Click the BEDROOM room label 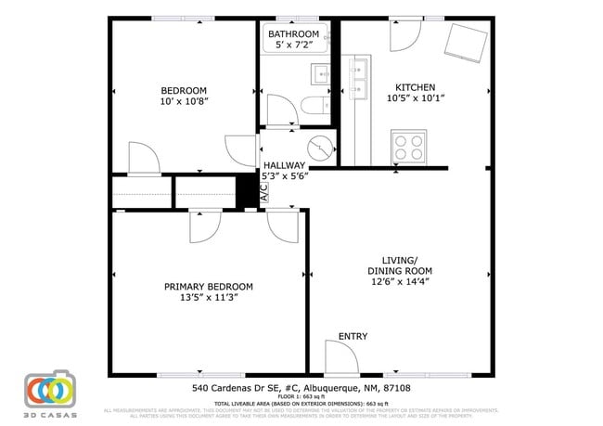tap(183, 91)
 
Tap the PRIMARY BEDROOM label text tap(209, 287)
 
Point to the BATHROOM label tap(293, 34)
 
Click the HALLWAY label tap(284, 164)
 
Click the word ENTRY tap(353, 336)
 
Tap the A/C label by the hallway tap(264, 193)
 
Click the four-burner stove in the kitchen tap(409, 146)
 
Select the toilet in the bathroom tap(313, 103)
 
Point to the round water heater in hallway tap(321, 148)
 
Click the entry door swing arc tap(340, 356)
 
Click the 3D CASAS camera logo tap(49, 394)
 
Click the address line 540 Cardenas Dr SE tap(301, 389)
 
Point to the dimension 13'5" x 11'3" tap(209, 298)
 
